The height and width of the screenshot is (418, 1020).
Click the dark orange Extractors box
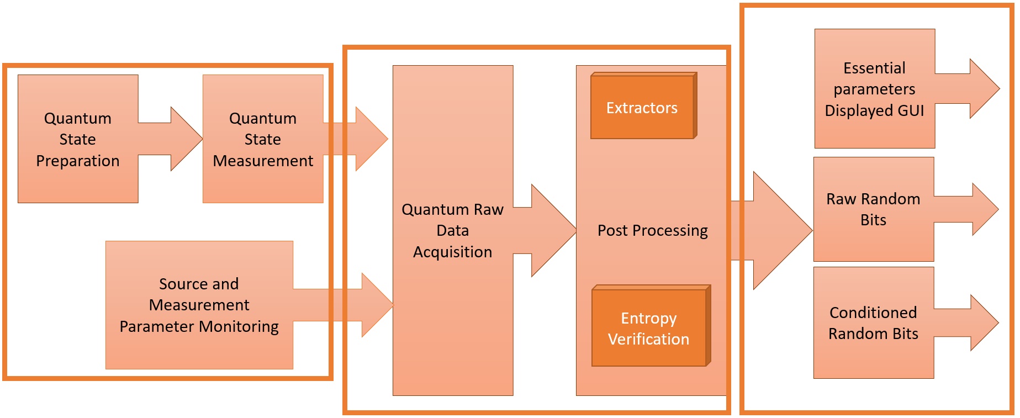click(x=642, y=107)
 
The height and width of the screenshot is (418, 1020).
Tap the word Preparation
click(x=77, y=161)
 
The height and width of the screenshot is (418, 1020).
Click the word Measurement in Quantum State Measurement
click(x=263, y=161)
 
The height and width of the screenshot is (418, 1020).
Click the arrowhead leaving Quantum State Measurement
click(x=371, y=139)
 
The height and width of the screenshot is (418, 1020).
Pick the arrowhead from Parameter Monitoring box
click(x=377, y=305)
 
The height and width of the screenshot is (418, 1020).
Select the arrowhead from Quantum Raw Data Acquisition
click(x=552, y=230)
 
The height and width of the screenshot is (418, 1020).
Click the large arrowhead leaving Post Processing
click(x=781, y=230)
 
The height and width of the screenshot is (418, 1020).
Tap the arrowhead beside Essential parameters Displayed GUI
click(x=984, y=88)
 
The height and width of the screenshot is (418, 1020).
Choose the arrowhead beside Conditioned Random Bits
click(x=984, y=322)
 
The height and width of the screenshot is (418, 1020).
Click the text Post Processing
click(x=652, y=230)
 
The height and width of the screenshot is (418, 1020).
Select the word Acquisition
click(x=452, y=252)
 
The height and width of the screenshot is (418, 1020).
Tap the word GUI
click(x=911, y=110)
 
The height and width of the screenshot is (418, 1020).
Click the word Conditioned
click(x=873, y=313)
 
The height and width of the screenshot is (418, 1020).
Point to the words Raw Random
click(x=873, y=199)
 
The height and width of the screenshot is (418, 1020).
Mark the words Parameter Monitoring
click(x=199, y=326)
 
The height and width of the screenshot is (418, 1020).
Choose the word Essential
click(x=874, y=68)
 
